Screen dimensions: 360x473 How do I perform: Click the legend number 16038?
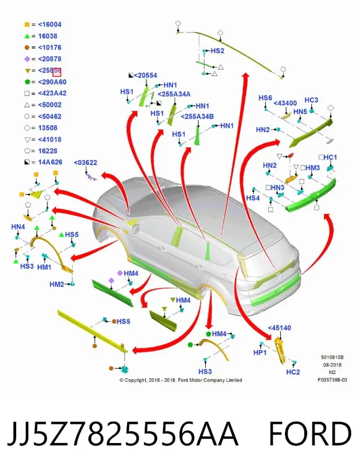[48, 36]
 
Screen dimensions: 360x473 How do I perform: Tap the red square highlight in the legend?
[57, 73]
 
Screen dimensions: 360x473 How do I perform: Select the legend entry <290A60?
[52, 82]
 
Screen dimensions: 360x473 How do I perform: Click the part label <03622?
[85, 162]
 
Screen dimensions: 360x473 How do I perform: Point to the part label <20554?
[145, 76]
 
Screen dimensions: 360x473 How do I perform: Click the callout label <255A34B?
[197, 116]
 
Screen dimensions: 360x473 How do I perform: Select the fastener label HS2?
[217, 51]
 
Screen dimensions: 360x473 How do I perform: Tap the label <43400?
[285, 103]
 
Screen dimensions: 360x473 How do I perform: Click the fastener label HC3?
[311, 100]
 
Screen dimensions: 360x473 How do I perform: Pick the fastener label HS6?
[265, 98]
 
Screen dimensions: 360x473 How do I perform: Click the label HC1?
[330, 157]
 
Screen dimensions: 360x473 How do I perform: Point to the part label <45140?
[280, 327]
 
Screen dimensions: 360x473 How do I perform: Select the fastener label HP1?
[260, 353]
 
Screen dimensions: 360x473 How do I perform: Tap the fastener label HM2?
[57, 284]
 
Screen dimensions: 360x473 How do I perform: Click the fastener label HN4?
[18, 227]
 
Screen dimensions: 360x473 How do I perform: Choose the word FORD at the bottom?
[310, 433]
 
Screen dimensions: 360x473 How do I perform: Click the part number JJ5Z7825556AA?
[122, 433]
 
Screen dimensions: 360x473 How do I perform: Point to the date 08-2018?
[332, 364]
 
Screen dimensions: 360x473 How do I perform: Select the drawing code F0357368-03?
[332, 380]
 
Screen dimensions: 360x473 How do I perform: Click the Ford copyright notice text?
[181, 380]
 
